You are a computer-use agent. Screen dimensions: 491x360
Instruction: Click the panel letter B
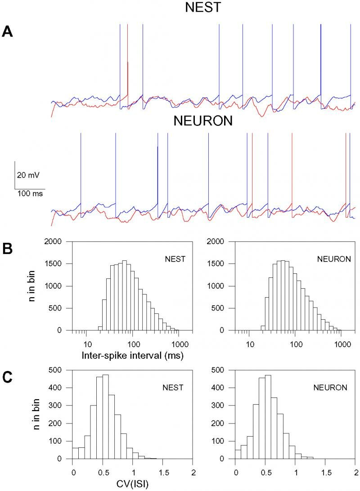(8, 249)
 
